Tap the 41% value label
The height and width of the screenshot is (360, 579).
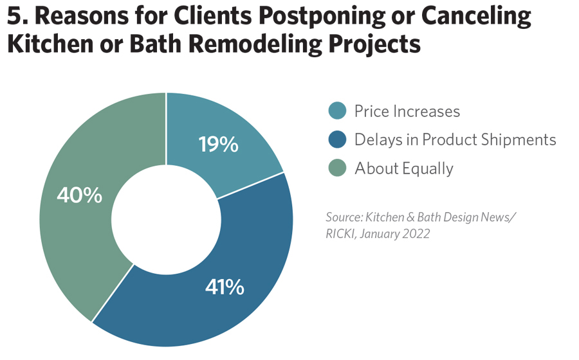[225, 287]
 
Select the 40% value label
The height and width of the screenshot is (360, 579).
[80, 195]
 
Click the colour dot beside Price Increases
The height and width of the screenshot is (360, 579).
[336, 111]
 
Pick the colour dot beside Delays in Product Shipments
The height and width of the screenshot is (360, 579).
[336, 139]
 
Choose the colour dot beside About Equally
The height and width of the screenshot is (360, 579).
[336, 168]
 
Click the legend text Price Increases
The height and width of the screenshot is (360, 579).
[407, 111]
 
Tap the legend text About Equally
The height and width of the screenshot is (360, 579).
[403, 168]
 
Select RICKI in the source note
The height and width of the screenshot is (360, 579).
[340, 234]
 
